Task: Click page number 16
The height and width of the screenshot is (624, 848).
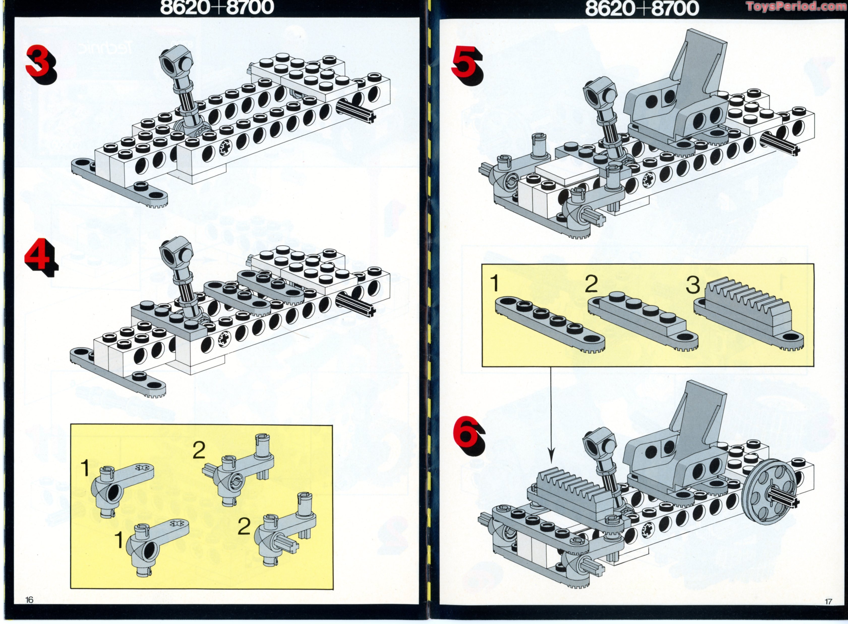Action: click(30, 600)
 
